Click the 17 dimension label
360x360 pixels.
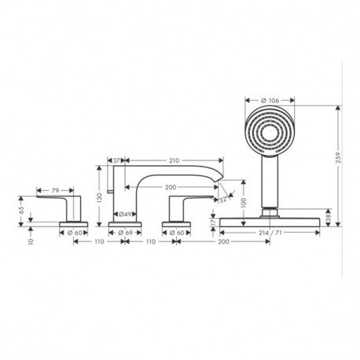point(212,222)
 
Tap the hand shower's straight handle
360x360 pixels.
point(271,185)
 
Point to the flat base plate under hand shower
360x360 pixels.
point(271,223)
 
